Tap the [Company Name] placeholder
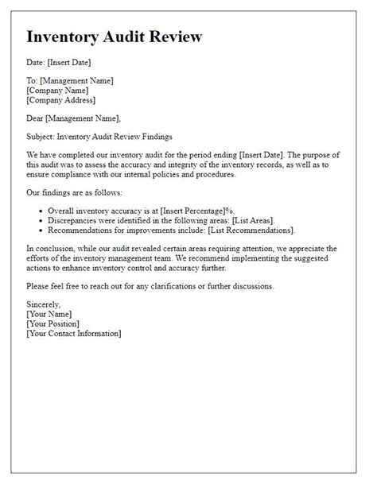tap(59, 91)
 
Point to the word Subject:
tap(43, 137)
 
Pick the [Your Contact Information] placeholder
tap(74, 333)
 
